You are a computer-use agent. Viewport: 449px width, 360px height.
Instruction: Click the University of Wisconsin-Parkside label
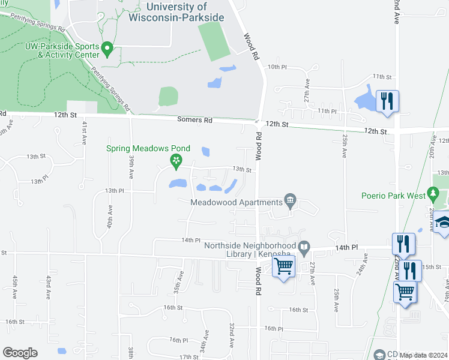176,12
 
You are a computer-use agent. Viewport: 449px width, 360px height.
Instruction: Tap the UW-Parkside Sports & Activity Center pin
107,48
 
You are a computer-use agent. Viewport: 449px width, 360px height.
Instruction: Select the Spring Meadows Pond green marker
176,160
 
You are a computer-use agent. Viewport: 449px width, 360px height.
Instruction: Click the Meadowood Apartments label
237,202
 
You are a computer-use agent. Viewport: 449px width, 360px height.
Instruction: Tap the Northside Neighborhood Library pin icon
304,246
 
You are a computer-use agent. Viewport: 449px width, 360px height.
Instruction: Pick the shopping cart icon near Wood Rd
283,266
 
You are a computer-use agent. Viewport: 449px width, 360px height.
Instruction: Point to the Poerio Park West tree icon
434,196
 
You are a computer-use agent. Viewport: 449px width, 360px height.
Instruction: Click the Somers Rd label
195,120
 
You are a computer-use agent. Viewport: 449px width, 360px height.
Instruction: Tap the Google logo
20,353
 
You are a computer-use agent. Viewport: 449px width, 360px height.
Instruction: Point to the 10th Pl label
277,67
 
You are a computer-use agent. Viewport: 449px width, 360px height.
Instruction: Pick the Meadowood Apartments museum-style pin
291,200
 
